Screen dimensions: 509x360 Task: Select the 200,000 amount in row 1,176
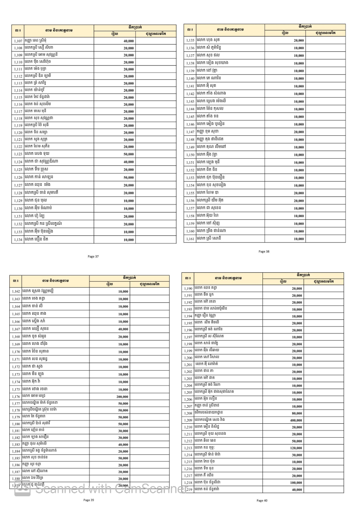[x=123, y=397]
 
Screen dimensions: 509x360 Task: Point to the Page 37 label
[x=93, y=257]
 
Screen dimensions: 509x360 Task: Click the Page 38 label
[x=264, y=252]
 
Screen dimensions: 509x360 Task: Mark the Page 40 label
[x=262, y=501]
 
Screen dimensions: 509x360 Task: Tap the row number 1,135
[x=190, y=40]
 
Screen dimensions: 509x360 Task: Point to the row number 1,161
[x=190, y=239]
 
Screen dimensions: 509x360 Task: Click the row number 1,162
[x=16, y=292]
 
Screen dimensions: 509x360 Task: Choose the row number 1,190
[x=188, y=288]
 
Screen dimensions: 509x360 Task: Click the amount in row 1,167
[x=123, y=329]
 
